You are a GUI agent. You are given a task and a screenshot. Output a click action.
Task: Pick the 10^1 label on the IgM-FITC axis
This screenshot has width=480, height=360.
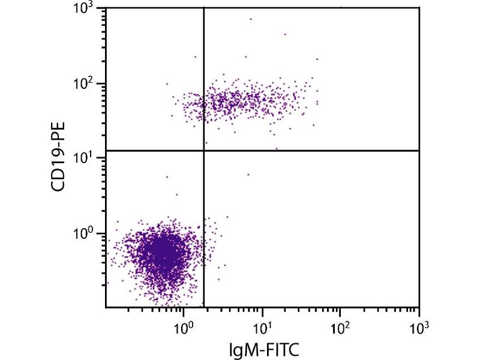[262, 328]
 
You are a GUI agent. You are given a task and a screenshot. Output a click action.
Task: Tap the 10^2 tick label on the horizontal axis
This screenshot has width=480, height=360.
[340, 328]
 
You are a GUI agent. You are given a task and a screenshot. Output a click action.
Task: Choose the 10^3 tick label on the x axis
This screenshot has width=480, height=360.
[418, 328]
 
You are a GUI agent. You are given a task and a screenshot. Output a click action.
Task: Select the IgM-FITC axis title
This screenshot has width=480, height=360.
[262, 349]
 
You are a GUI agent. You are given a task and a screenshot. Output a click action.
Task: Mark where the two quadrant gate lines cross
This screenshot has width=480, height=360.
[204, 150]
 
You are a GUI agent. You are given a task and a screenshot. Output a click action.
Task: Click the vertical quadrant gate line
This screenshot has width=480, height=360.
[204, 240]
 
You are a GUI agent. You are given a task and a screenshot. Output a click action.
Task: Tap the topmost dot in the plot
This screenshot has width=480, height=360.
[251, 19]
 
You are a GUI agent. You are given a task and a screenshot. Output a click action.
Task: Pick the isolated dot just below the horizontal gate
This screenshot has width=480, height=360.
[248, 174]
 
